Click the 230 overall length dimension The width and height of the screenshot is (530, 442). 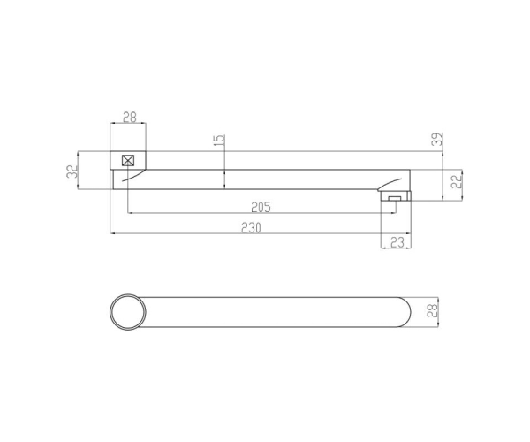point(251,228)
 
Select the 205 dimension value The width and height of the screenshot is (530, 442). point(261,207)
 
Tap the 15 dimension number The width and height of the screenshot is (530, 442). point(220,140)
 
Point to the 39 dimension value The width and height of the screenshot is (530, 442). point(437,139)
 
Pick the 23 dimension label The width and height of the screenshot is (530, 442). point(397,242)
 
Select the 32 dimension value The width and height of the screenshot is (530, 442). point(72,171)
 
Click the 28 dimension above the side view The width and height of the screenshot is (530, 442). point(130,117)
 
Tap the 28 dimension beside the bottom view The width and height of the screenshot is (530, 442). point(432,310)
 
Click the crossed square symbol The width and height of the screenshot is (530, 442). point(128,160)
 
